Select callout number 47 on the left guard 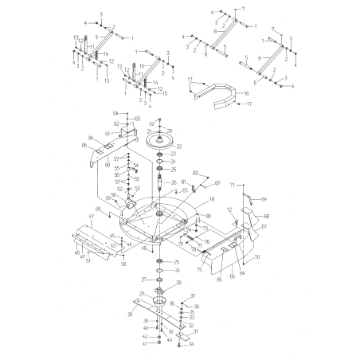pos(92,217)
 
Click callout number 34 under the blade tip pos(191,344)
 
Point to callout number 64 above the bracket pos(115,114)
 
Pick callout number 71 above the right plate pos(231,185)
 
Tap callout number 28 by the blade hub pos(178,282)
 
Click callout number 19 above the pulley pos(151,123)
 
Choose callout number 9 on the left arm pos(96,37)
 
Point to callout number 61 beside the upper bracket pos(107,134)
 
